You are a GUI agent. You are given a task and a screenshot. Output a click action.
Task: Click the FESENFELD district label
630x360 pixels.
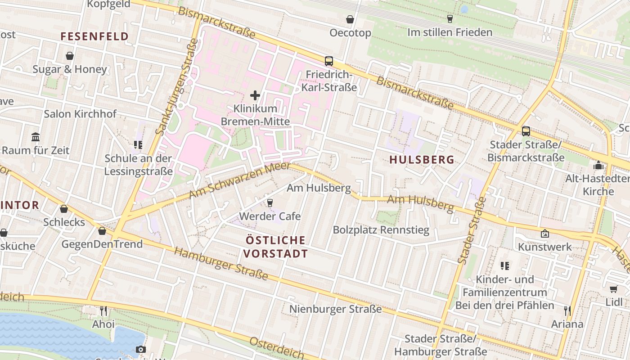point(94,36)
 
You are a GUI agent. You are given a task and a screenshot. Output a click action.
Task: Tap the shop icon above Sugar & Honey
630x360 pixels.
point(70,56)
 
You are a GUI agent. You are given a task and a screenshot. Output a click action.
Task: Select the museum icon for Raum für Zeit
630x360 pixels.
point(36,136)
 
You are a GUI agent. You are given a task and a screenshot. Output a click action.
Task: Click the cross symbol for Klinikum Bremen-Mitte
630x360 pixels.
point(255,95)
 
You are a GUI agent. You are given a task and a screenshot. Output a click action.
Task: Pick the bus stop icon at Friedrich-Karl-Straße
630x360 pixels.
point(329,61)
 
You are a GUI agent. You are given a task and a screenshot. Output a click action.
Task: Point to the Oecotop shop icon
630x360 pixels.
point(350,19)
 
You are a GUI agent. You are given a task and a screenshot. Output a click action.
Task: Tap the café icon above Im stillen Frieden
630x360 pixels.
point(450,18)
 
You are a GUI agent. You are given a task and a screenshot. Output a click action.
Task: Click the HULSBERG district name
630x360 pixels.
point(422,160)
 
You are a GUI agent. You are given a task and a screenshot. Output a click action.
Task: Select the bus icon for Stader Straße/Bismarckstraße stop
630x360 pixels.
point(526,131)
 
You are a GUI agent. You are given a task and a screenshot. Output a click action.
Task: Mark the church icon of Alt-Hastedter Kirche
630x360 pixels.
point(598,165)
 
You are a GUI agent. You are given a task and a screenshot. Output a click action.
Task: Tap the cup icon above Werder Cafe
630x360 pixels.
point(270,203)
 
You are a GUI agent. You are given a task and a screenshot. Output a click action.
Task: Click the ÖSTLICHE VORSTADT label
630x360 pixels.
point(275,247)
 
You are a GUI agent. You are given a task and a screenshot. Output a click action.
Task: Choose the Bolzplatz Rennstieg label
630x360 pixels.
point(381,230)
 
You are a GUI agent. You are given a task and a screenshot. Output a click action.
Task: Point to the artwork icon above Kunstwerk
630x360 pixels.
point(544,234)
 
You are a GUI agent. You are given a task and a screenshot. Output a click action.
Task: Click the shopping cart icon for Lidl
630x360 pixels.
point(613,289)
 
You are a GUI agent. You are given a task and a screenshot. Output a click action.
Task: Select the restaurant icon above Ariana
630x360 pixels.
point(567,310)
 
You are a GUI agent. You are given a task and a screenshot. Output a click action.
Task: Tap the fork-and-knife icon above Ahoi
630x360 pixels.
point(103,310)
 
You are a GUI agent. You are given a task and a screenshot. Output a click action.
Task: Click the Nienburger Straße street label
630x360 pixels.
point(335,309)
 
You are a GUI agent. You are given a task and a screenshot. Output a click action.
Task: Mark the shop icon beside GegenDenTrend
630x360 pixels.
point(102,231)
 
